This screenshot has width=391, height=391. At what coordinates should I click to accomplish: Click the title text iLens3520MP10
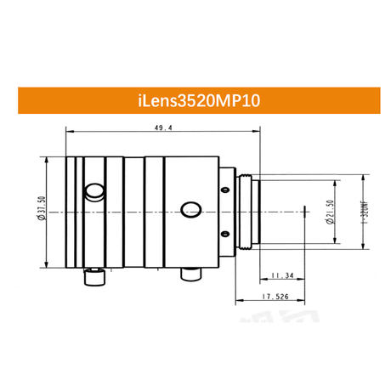click(x=199, y=100)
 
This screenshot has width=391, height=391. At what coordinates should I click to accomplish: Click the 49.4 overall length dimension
click(x=163, y=127)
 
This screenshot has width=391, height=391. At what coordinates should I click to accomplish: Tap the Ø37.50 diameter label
click(x=42, y=208)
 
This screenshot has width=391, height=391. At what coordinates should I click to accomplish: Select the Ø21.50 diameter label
click(x=331, y=212)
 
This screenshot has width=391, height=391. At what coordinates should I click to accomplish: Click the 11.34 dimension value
click(x=282, y=275)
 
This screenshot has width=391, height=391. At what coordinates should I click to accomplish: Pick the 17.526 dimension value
click(x=275, y=297)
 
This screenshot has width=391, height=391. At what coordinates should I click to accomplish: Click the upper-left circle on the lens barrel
click(x=94, y=191)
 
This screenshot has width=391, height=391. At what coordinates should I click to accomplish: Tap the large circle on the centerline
click(x=191, y=210)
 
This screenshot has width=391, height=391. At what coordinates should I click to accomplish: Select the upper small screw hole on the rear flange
click(x=225, y=190)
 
